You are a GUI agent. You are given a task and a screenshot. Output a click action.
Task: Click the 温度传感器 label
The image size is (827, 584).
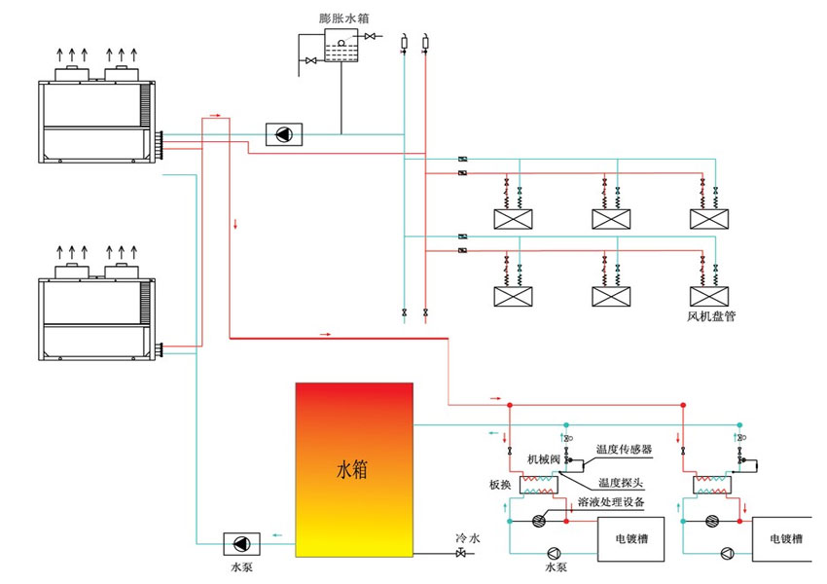coord(624,450)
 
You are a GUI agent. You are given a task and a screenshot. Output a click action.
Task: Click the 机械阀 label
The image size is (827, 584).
coord(544,458)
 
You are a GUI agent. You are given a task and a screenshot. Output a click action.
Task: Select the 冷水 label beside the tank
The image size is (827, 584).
coord(468,537)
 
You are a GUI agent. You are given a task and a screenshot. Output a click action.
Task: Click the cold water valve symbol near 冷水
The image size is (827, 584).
coord(459,555)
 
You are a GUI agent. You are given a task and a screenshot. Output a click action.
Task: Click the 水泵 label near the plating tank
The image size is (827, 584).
coord(556,566)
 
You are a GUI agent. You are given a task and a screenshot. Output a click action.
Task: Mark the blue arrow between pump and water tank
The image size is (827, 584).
coord(277,534)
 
